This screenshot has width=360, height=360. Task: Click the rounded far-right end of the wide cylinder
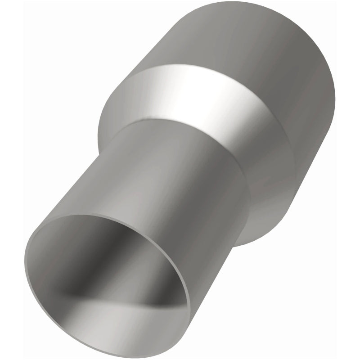click(x=333, y=90)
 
